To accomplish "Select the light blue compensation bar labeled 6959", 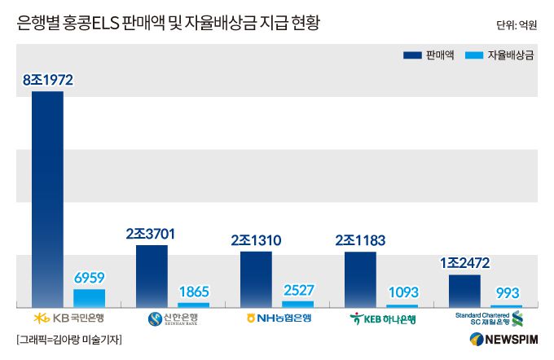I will [90, 298].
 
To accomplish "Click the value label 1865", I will [194, 292].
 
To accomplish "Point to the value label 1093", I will [402, 292].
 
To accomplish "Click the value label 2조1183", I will [360, 240].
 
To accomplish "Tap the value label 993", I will [507, 293].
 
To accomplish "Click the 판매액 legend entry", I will [429, 55].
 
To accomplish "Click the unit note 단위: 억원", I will [517, 25].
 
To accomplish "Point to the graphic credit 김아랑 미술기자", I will [68, 340].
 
